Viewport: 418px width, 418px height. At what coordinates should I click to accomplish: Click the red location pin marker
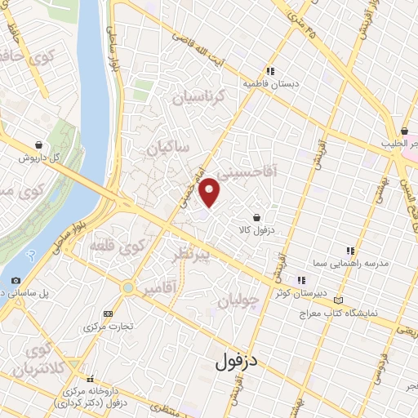click(211, 192)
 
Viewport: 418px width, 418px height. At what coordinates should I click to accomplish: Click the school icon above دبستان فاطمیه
click(270, 70)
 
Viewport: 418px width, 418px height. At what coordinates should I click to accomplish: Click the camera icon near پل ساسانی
click(16, 280)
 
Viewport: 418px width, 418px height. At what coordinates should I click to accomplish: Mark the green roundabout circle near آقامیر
click(127, 287)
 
